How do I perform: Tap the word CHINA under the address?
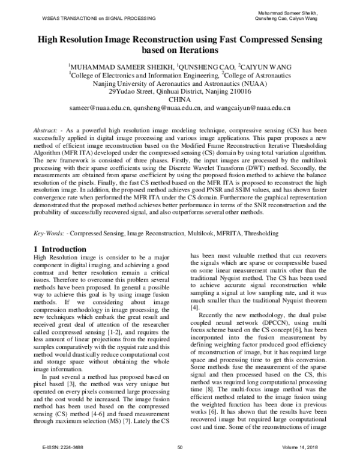[179, 100]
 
